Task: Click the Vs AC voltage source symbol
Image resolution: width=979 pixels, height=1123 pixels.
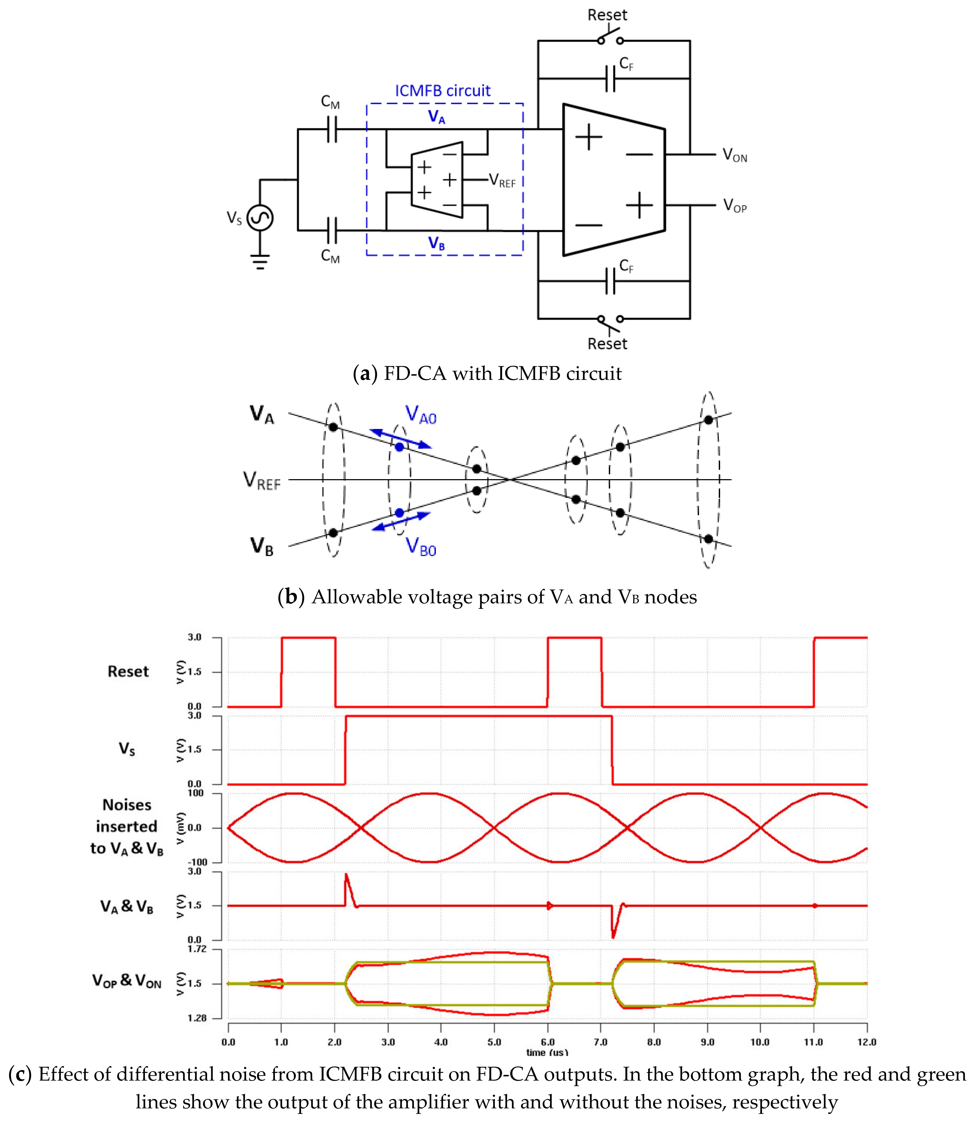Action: point(260,218)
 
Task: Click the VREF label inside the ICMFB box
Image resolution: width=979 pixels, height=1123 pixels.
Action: point(502,180)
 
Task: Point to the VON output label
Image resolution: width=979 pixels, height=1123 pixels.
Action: point(734,155)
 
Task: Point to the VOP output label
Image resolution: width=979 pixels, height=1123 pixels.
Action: point(734,206)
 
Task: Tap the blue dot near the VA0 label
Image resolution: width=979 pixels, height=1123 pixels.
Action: point(399,447)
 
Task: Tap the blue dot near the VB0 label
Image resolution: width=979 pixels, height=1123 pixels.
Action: point(399,513)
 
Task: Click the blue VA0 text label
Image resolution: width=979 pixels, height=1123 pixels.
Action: point(421,415)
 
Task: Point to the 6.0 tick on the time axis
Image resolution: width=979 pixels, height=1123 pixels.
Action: point(547,1042)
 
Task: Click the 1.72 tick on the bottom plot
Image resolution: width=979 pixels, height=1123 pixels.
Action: point(197,949)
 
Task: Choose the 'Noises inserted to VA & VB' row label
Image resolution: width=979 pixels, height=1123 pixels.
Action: point(127,826)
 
